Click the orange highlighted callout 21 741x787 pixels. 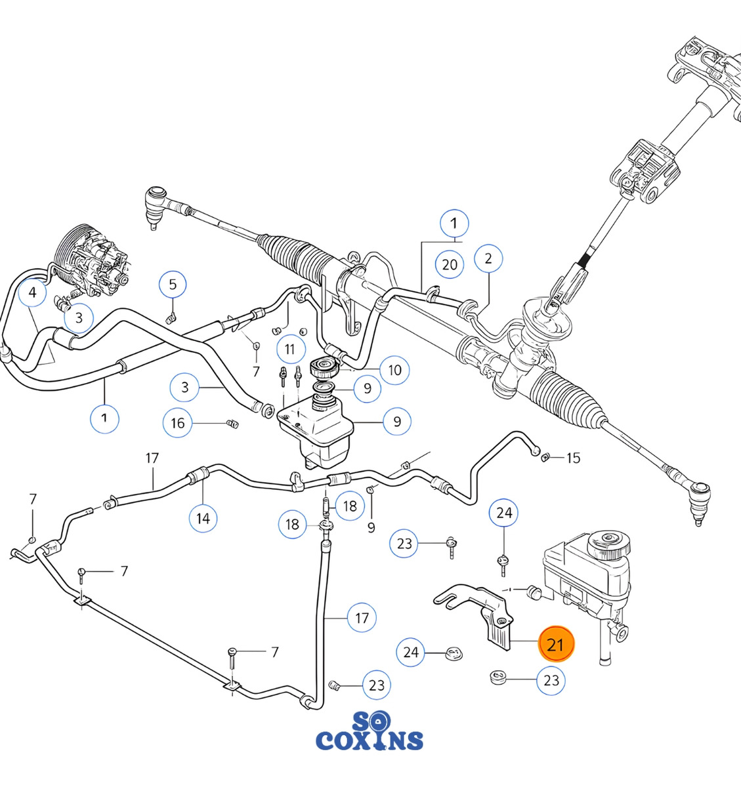[556, 643]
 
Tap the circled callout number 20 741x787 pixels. [450, 265]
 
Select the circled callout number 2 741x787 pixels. [488, 258]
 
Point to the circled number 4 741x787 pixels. [33, 293]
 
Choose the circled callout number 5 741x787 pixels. [173, 284]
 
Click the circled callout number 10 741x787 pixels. [394, 370]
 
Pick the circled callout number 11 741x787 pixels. [291, 349]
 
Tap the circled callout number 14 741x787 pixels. [203, 518]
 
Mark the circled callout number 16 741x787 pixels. [177, 423]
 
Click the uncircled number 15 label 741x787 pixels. [573, 458]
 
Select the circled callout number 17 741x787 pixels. [362, 618]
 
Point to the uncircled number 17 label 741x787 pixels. [152, 458]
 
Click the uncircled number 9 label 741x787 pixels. [371, 527]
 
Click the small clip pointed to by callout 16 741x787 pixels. [233, 424]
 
